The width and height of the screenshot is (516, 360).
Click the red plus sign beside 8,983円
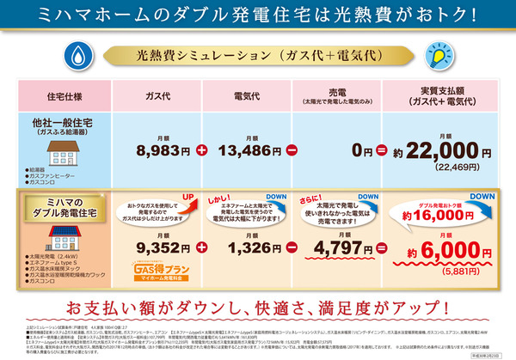(x=203, y=149)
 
